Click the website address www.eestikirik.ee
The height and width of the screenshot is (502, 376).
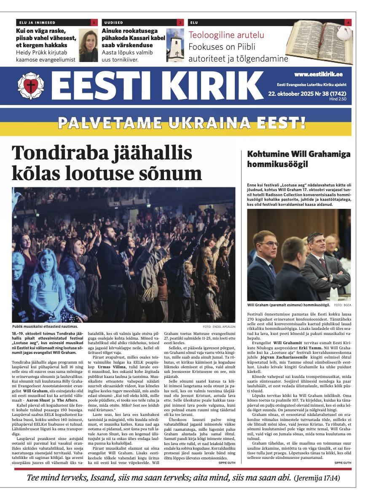tap(318, 74)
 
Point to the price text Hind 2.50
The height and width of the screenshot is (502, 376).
tap(338, 99)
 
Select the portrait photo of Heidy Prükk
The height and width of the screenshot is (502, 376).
tap(89, 45)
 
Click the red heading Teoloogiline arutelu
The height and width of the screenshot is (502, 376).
tap(226, 35)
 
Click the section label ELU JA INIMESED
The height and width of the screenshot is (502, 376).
tap(38, 22)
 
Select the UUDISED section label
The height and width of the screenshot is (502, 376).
tap(114, 22)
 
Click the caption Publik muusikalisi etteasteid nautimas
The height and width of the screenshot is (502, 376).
tap(45, 327)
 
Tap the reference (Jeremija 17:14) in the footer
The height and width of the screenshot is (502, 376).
tap(317, 478)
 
